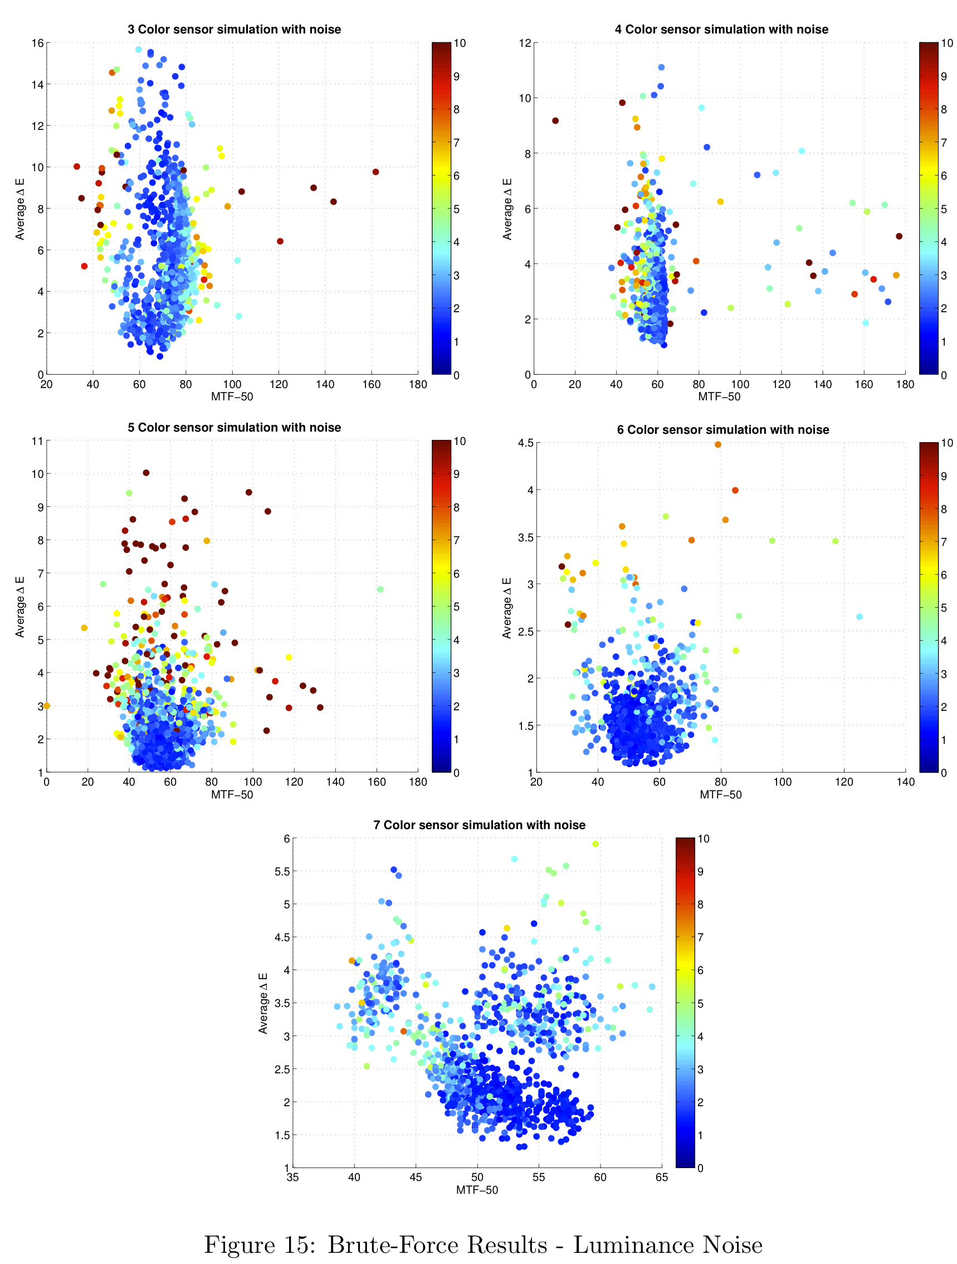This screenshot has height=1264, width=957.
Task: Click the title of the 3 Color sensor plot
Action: pos(234,29)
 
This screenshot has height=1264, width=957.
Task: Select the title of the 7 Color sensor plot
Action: pos(479,825)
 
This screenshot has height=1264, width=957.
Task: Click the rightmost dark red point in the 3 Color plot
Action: pos(375,172)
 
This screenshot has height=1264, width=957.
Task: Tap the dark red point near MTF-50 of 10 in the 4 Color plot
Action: pos(555,120)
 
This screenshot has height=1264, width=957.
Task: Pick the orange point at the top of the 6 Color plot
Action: pos(717,444)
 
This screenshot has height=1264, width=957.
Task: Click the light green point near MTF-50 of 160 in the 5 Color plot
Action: pos(380,589)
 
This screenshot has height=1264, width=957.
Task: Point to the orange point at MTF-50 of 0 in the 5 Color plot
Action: pos(47,706)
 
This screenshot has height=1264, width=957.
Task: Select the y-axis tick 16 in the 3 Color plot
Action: pos(38,43)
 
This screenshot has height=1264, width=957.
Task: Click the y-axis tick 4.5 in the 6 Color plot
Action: pos(525,443)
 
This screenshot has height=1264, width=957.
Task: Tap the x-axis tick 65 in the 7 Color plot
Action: pos(661,1177)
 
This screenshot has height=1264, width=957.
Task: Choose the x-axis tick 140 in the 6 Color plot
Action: pos(905,782)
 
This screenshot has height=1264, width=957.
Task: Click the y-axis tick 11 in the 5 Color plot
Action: pos(38,440)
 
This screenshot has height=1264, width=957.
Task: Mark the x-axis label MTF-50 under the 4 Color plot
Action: pos(719,396)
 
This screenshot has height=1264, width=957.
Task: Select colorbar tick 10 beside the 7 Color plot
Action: pos(704,839)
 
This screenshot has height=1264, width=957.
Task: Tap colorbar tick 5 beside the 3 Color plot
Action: pos(456,209)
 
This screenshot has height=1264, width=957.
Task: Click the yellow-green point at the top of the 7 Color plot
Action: pos(595,844)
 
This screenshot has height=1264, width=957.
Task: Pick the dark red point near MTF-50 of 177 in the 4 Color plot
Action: pos(899,236)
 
